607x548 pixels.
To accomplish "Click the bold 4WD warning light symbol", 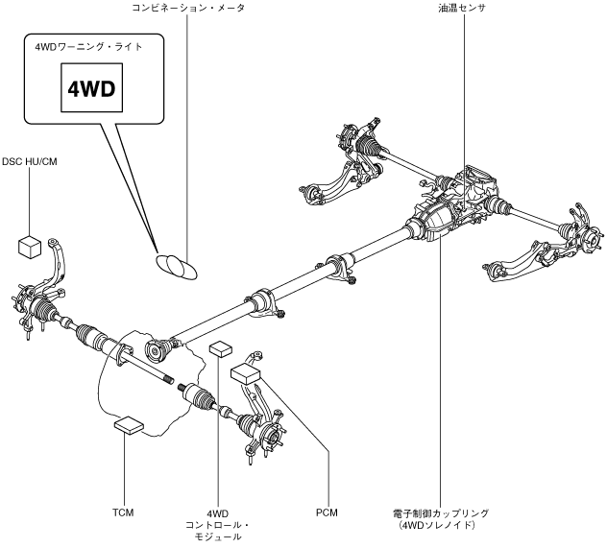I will tap(90, 89).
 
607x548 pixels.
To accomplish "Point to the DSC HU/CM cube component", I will tap(28, 246).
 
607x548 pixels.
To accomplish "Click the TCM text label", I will tap(122, 512).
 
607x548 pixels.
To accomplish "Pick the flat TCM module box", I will tap(128, 421).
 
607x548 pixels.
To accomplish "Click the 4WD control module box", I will tap(220, 347).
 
